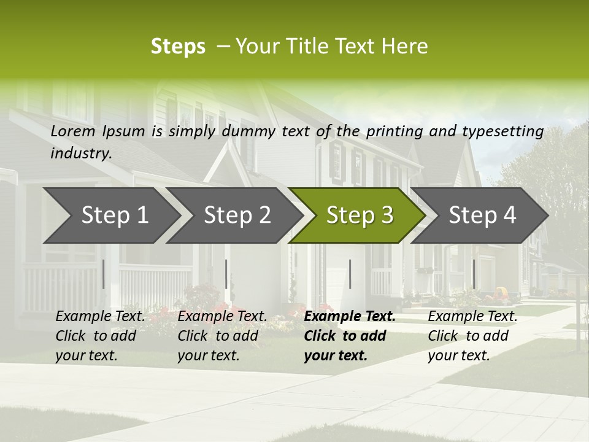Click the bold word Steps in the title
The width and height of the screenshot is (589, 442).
pyautogui.click(x=178, y=46)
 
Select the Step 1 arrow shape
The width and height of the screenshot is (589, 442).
pyautogui.click(x=110, y=215)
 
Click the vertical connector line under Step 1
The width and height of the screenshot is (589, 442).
pyautogui.click(x=103, y=274)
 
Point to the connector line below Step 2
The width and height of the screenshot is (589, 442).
pyautogui.click(x=226, y=274)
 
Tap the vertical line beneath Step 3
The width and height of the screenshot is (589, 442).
pyautogui.click(x=350, y=274)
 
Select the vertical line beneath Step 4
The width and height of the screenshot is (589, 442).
pyautogui.click(x=473, y=274)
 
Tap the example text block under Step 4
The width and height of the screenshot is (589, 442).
pyautogui.click(x=472, y=336)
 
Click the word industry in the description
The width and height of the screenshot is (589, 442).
pyautogui.click(x=80, y=153)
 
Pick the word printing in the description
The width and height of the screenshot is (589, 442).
pyautogui.click(x=395, y=131)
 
